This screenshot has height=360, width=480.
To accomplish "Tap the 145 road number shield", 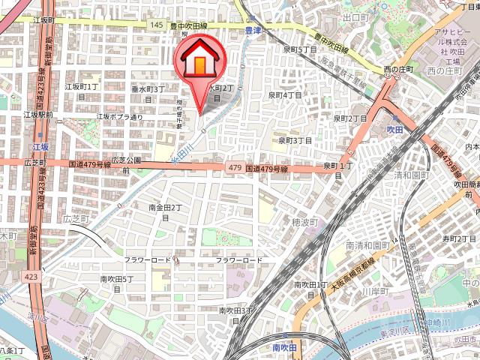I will [x=155, y=25].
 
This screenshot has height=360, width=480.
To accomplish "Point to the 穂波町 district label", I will [x=304, y=222].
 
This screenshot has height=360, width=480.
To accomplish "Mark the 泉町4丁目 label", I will [x=285, y=95].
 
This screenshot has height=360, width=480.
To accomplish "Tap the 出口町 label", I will [x=352, y=16].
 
